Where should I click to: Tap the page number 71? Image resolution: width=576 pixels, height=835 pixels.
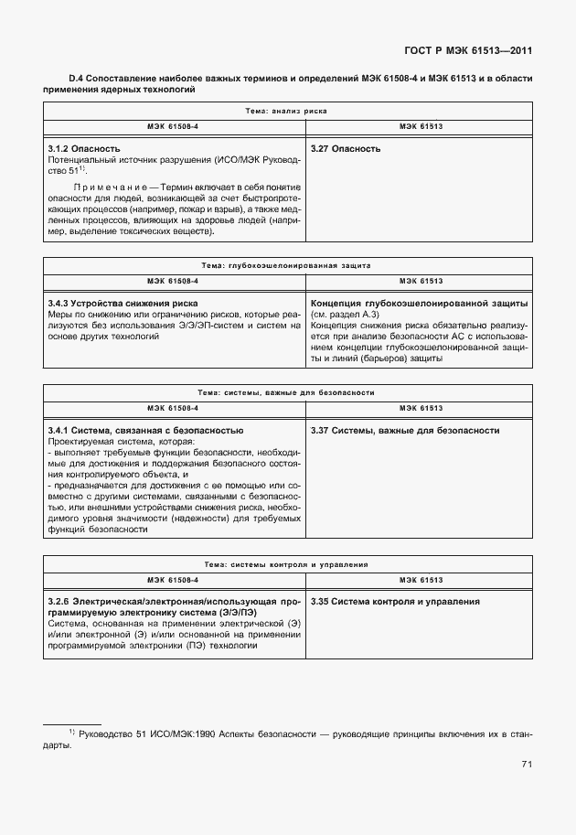[x=527, y=765]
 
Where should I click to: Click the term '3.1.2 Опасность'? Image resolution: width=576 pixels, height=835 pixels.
[x=84, y=148]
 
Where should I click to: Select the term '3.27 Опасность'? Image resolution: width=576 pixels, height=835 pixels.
[x=346, y=148]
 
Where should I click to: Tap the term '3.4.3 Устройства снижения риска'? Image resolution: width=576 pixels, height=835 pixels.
[x=123, y=302]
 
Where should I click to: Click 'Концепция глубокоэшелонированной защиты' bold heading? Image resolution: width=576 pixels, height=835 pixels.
[x=420, y=302]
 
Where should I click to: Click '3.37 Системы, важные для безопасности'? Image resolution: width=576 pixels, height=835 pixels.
[x=405, y=430]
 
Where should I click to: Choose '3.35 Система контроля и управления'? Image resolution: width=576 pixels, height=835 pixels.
[x=395, y=602]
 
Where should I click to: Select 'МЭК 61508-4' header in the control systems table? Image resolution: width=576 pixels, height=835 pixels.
[x=174, y=581]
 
